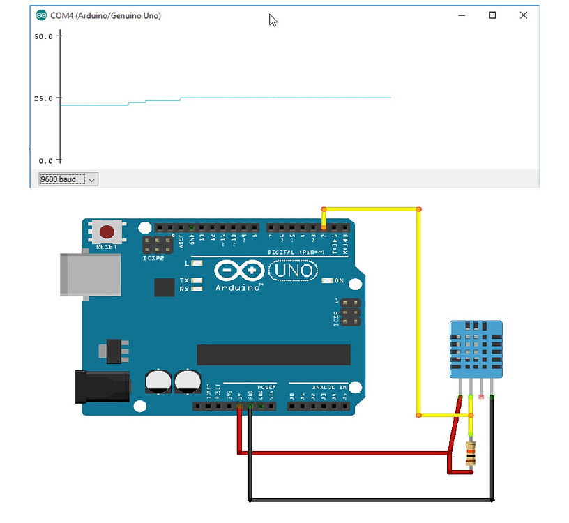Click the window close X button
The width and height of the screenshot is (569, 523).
click(x=524, y=15)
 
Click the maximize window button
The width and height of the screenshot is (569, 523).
click(x=492, y=15)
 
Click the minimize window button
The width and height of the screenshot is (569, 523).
click(x=460, y=15)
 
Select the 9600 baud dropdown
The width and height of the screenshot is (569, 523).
click(x=68, y=179)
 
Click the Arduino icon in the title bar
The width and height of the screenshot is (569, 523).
click(x=41, y=15)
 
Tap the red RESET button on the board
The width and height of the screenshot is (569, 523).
click(x=107, y=232)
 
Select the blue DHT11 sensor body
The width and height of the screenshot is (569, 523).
click(x=476, y=349)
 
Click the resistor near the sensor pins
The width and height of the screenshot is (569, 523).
click(x=471, y=453)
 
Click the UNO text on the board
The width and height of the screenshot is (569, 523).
click(x=294, y=270)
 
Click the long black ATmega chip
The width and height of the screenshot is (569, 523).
click(x=273, y=355)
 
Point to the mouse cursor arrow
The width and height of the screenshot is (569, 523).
click(x=273, y=20)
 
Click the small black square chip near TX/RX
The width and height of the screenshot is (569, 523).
click(x=165, y=287)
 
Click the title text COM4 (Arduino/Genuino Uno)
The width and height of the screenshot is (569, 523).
click(x=105, y=15)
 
